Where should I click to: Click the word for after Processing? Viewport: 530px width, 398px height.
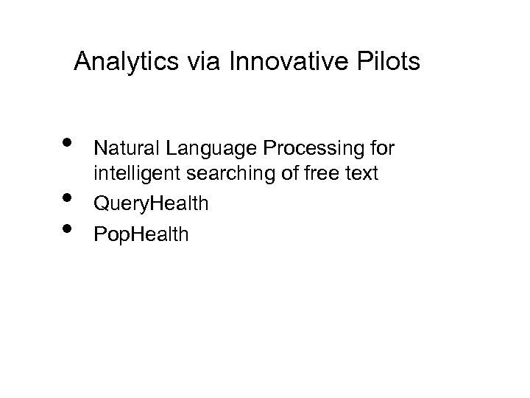point(382,150)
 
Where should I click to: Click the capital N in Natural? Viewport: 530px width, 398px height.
point(99,150)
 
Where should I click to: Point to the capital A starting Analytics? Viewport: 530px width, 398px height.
point(82,62)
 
